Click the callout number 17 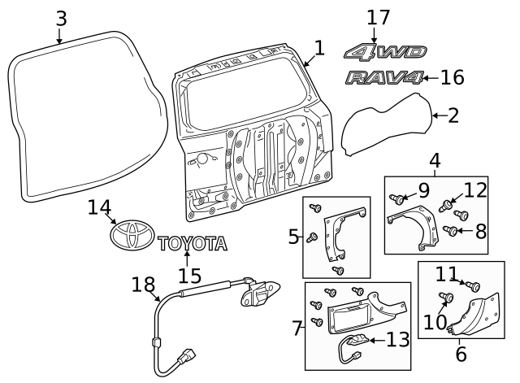(378, 18)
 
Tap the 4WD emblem (385, 52)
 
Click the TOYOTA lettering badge (193, 242)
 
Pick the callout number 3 (61, 16)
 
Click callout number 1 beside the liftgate (319, 49)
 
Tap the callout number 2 (453, 115)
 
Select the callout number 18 (143, 285)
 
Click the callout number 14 (98, 209)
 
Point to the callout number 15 (188, 276)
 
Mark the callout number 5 (294, 237)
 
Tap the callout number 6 (461, 355)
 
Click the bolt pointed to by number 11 (475, 285)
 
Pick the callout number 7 (297, 329)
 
